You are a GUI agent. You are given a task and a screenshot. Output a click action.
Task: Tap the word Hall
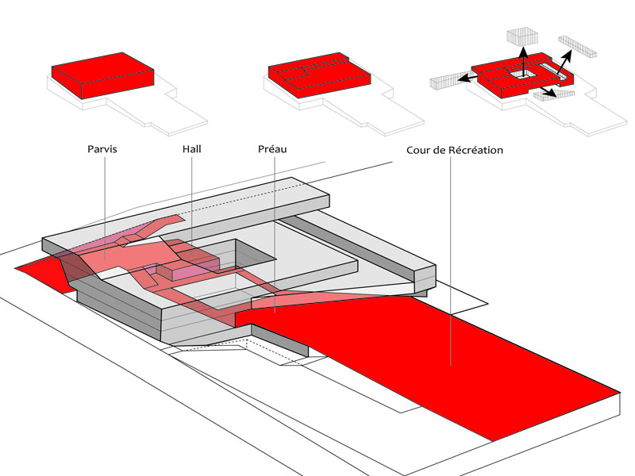point(191,149)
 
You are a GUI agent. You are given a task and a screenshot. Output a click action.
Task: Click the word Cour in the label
point(420,150)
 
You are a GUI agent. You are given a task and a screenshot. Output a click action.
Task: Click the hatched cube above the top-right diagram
point(521,36)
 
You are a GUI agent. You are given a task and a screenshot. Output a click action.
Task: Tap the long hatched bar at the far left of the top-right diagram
point(446,80)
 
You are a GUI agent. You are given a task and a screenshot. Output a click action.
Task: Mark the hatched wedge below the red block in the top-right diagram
point(560,94)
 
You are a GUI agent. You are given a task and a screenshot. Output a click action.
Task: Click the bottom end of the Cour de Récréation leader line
point(450,366)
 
